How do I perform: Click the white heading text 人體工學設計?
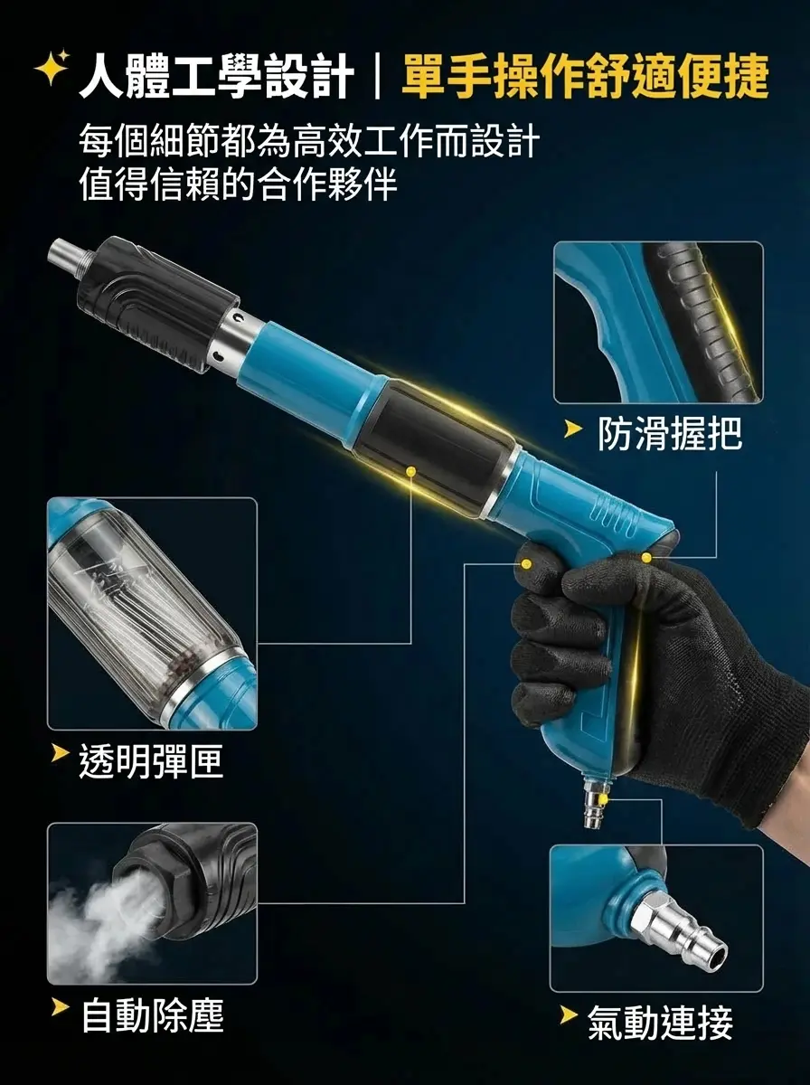[x=215, y=76]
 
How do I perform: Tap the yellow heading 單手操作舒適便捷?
[x=585, y=76]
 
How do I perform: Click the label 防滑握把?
[x=670, y=434]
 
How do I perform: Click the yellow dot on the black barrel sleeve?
[x=411, y=471]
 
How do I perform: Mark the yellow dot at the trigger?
[x=525, y=562]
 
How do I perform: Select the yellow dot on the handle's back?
[x=645, y=558]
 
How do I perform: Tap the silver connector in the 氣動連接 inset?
[x=678, y=931]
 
